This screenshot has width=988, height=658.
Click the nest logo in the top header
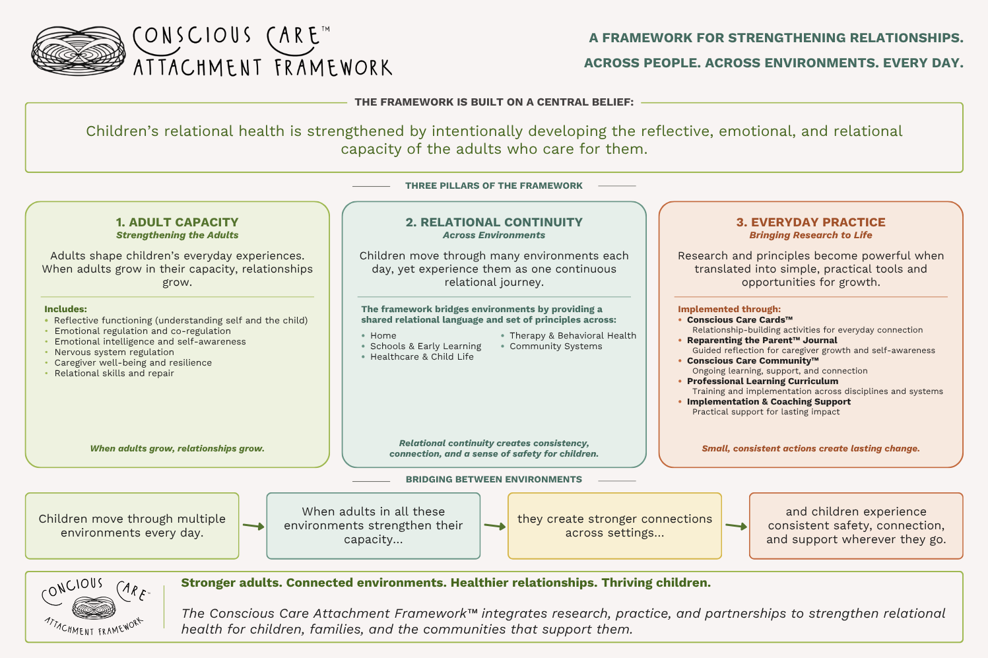point(79,50)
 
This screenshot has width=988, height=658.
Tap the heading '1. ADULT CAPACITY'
point(178,222)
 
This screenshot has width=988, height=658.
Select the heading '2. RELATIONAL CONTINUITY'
point(494,222)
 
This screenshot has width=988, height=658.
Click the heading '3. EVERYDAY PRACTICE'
point(810,222)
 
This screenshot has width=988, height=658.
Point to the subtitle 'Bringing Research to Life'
point(810,235)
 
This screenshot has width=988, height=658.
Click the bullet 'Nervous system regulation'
point(114,352)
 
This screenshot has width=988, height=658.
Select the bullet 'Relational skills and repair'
point(114,373)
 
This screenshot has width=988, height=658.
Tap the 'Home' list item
point(383,336)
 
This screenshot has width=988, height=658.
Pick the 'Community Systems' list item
point(556,346)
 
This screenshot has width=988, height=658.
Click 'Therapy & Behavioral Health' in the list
point(573,336)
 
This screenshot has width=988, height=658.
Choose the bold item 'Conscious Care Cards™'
point(740,319)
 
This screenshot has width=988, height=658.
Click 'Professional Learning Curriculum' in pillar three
point(762,381)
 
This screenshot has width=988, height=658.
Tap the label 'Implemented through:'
point(729,309)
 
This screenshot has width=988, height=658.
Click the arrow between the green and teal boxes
point(253,526)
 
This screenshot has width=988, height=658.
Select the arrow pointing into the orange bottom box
point(736,526)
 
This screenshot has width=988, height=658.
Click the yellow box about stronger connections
point(614,526)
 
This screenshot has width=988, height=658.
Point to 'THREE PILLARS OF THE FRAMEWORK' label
point(494,185)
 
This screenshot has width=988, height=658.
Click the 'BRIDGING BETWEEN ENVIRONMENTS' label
point(494,479)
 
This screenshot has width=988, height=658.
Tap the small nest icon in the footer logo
point(94,608)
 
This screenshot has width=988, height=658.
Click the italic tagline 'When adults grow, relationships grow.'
point(178,449)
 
